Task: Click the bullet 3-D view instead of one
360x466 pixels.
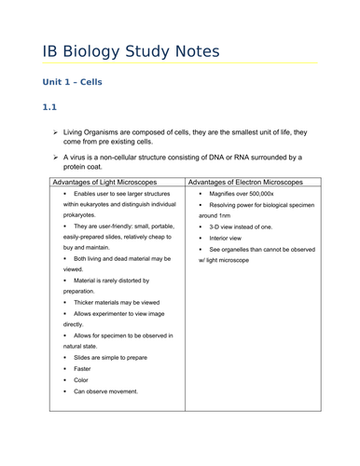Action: [x=241, y=226]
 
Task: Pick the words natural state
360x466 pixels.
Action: [x=80, y=345]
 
